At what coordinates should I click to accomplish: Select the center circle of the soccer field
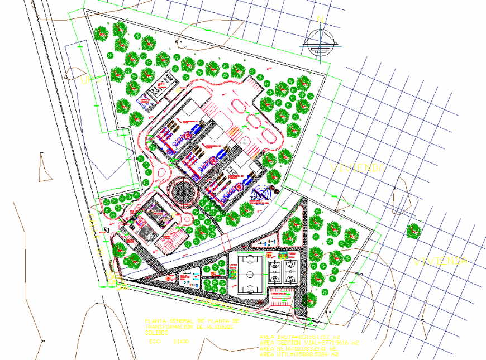[x=250, y=274]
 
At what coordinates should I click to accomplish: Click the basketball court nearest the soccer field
[x=274, y=271]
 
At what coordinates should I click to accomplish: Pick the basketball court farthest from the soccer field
[x=290, y=271]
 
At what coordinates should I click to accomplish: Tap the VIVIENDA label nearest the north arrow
[x=358, y=167]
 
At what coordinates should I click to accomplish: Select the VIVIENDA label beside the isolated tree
[x=440, y=261]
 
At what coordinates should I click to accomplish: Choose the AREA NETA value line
[x=296, y=348]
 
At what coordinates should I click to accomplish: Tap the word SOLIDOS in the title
[x=159, y=332]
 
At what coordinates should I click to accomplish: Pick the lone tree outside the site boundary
[x=413, y=231]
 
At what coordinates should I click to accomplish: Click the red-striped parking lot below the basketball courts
[x=281, y=297]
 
